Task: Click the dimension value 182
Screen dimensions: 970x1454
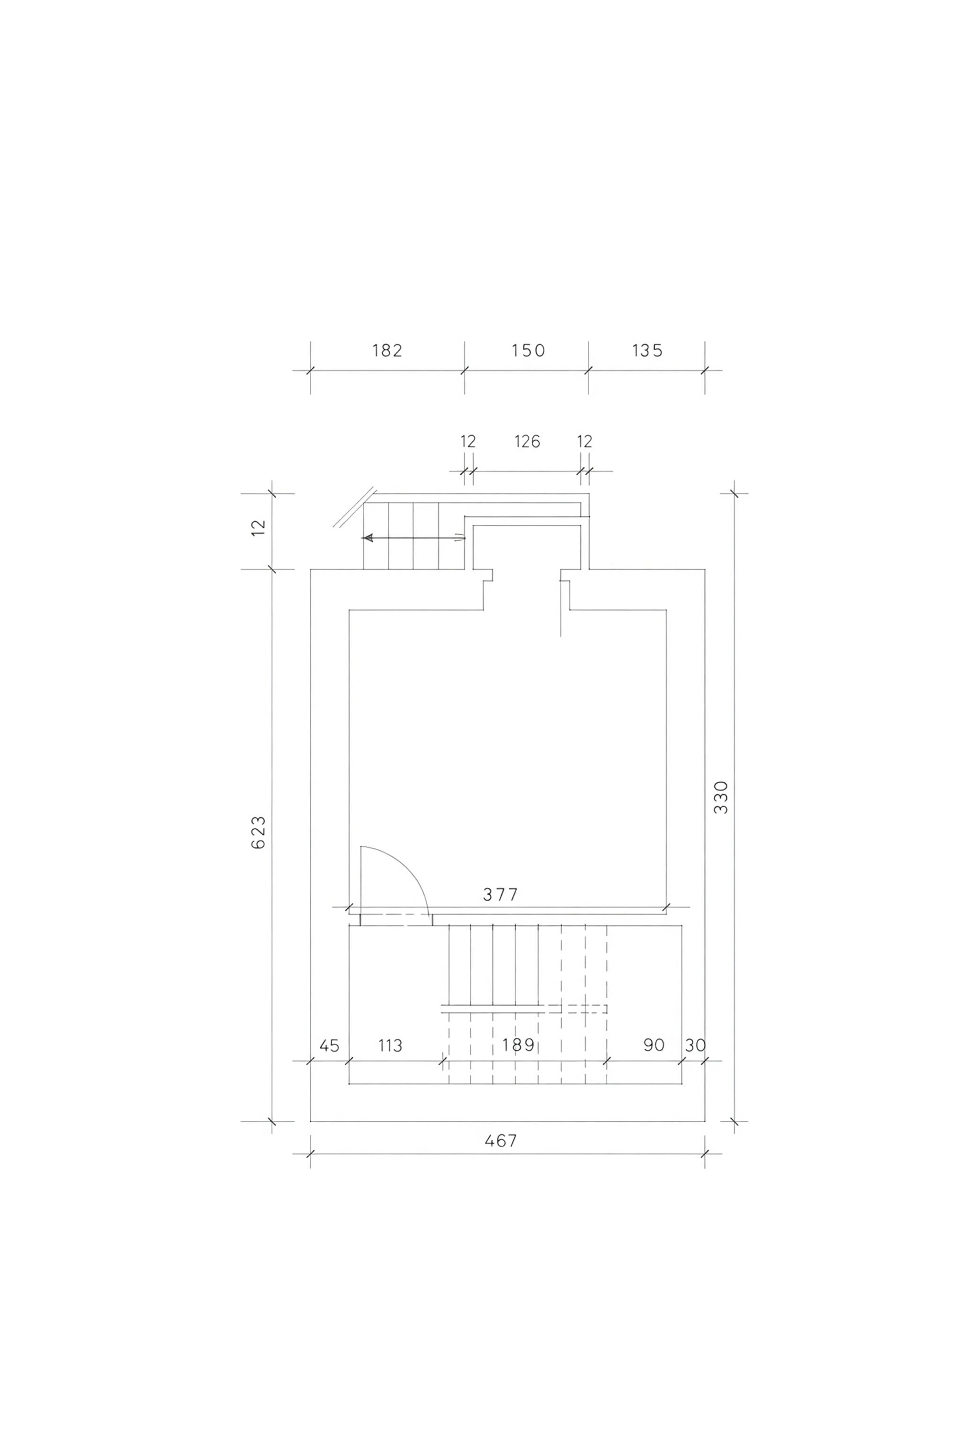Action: [x=387, y=351]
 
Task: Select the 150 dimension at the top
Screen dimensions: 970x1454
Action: [x=528, y=351]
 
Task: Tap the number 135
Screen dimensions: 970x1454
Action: [x=647, y=351]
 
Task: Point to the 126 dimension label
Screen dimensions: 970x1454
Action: [x=527, y=442]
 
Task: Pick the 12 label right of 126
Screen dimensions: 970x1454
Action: [x=584, y=442]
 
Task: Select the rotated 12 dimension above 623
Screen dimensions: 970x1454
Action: [x=259, y=527]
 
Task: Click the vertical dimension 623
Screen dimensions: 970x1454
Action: [x=259, y=833]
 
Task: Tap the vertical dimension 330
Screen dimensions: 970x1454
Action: [x=721, y=798]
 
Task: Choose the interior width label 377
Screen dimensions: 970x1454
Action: [x=501, y=895]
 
